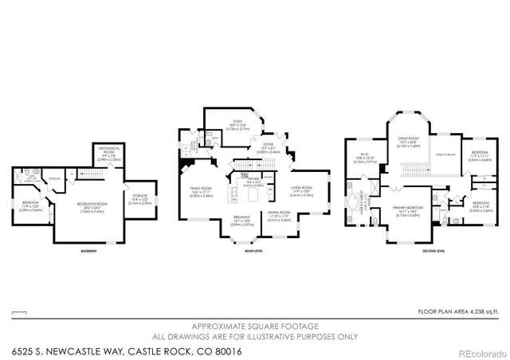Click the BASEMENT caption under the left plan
click(x=88, y=252)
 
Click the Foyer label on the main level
click(x=268, y=147)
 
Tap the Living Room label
click(x=299, y=190)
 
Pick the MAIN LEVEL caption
click(x=253, y=252)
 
